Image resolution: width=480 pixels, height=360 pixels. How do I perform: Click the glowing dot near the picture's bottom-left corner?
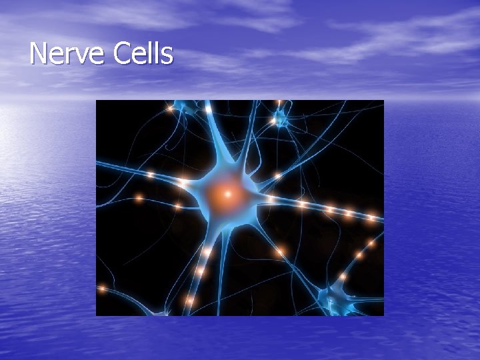tap(102, 289)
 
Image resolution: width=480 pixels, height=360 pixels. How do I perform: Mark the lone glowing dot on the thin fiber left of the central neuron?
tap(139, 198)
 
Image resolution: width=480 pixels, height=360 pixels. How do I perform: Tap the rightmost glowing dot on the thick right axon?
tap(371, 218)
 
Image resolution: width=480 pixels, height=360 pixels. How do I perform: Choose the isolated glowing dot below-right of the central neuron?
tap(281, 251)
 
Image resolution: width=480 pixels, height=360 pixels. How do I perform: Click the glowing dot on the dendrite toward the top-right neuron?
tap(278, 175)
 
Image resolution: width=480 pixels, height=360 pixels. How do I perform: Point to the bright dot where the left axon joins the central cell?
tap(182, 181)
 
